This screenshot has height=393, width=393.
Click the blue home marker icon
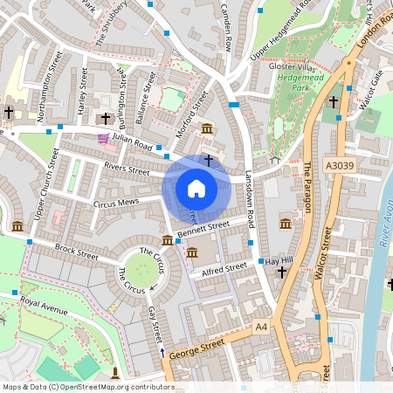pyautogui.click(x=196, y=188)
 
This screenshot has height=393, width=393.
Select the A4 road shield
pyautogui.click(x=261, y=326)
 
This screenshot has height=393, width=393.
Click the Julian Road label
pyautogui.click(x=134, y=141)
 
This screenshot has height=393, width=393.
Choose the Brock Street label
pyautogui.click(x=77, y=252)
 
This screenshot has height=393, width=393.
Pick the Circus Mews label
pyautogui.click(x=116, y=203)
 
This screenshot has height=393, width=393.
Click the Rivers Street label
pyautogui.click(x=127, y=166)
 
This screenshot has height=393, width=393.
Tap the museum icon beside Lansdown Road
pyautogui.click(x=285, y=224)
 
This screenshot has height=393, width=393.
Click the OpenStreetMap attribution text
pyautogui.click(x=87, y=386)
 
